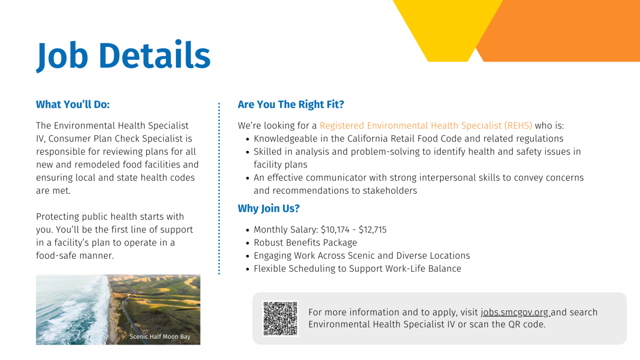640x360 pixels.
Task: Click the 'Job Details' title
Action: (x=123, y=55)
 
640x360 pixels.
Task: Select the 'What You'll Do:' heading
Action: (x=73, y=105)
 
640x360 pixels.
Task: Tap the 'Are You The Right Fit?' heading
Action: (x=291, y=105)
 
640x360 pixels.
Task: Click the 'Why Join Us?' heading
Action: (x=269, y=209)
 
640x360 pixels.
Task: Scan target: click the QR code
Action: (x=281, y=318)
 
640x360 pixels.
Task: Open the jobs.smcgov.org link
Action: (x=516, y=313)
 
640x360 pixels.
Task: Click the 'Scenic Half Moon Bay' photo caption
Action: (x=160, y=337)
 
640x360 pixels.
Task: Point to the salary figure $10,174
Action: (x=335, y=230)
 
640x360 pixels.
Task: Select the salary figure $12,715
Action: (x=373, y=230)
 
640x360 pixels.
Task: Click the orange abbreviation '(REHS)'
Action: (x=518, y=126)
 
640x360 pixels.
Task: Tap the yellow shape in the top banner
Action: (x=447, y=29)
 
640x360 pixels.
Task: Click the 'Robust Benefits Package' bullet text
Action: (x=306, y=243)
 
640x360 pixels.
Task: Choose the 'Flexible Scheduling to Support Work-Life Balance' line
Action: (x=357, y=269)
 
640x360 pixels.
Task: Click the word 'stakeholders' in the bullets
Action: (x=390, y=190)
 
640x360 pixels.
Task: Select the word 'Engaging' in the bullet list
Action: (x=273, y=256)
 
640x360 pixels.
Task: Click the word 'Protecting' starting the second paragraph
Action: (x=58, y=217)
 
